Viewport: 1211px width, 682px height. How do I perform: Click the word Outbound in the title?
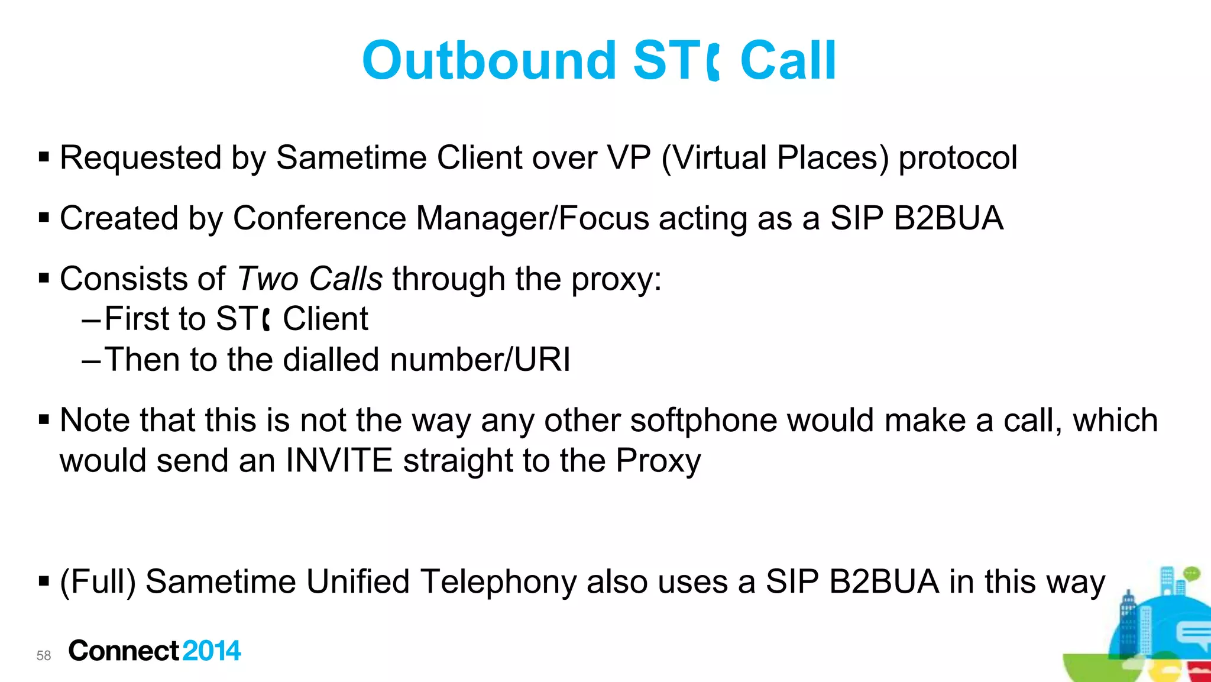click(x=489, y=60)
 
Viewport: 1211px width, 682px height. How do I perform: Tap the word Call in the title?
click(x=788, y=60)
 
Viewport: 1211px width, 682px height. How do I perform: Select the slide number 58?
click(x=44, y=655)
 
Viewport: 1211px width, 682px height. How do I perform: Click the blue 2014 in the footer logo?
click(x=212, y=651)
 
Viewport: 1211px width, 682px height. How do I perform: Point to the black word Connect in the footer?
click(x=124, y=651)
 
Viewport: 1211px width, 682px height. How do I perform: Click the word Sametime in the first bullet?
click(x=351, y=158)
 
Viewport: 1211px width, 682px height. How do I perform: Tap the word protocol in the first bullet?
click(x=958, y=158)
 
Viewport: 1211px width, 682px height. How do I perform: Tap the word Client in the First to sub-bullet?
click(x=325, y=319)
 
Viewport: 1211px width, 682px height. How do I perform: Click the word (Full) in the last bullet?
click(x=98, y=581)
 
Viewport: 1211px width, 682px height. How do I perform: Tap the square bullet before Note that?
click(x=44, y=420)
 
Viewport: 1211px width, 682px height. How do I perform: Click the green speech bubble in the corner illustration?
click(x=1191, y=573)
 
